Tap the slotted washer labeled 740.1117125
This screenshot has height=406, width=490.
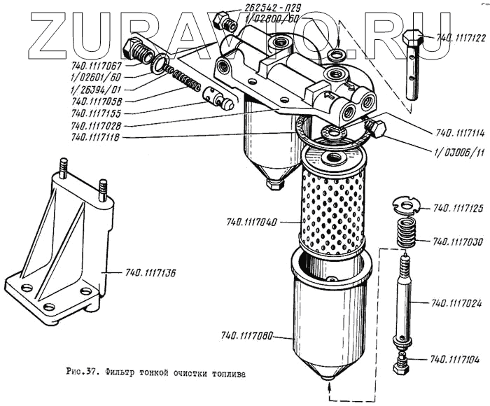click(x=405, y=205)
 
